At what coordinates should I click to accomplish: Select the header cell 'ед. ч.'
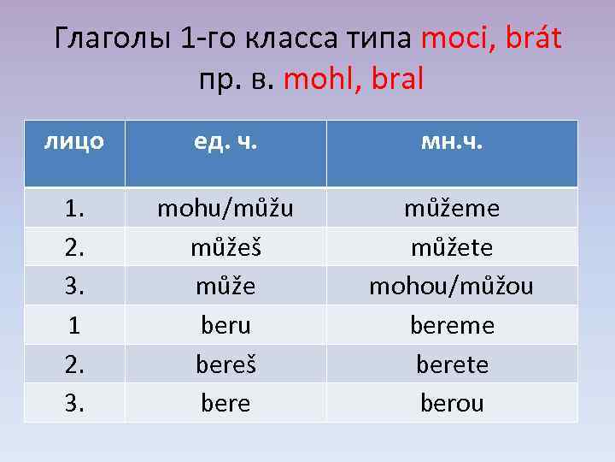[x=225, y=141]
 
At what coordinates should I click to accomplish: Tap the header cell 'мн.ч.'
[x=451, y=141]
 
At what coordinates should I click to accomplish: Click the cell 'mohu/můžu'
[x=225, y=209]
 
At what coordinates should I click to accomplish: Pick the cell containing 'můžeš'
[x=225, y=247]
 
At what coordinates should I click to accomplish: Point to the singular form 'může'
[x=225, y=286]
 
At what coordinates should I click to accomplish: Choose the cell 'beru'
[x=225, y=326]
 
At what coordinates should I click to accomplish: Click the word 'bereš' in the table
[x=225, y=364]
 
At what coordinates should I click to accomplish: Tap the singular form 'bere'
[x=225, y=403]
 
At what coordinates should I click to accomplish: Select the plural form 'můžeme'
[x=451, y=209]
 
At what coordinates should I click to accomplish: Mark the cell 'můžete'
[x=451, y=247]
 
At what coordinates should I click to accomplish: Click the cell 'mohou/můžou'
[x=451, y=286]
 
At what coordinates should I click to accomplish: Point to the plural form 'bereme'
[x=451, y=326]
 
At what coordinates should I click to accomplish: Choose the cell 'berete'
[x=451, y=364]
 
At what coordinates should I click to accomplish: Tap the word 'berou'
[x=451, y=403]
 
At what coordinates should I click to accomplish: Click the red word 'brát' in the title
[x=531, y=38]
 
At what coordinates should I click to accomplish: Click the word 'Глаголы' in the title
[x=113, y=39]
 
